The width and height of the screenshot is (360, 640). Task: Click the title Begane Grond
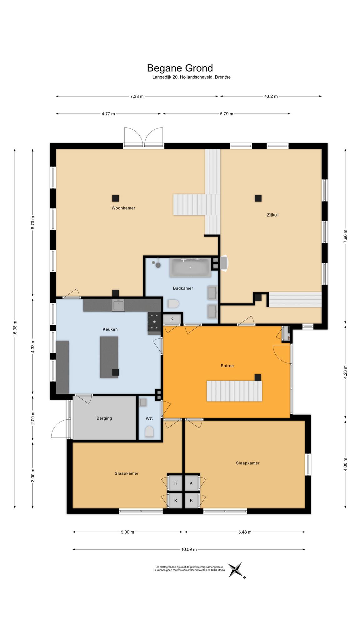pos(180,68)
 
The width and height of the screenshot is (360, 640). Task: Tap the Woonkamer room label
pos(123,208)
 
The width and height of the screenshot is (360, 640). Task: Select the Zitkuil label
pos(272,215)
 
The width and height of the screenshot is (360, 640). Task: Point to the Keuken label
pos(110,329)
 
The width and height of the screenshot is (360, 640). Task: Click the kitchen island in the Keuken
pos(109,357)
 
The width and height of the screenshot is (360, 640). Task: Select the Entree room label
pos(227,366)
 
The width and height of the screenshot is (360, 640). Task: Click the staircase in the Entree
pos(234,391)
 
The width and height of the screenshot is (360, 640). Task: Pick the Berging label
pos(104,418)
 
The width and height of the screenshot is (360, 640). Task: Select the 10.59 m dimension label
pos(189,549)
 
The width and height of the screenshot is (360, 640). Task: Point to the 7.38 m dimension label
pos(137,96)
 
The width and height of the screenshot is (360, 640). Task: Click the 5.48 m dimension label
pos(245,532)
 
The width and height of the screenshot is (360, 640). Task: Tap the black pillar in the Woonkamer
pos(116,198)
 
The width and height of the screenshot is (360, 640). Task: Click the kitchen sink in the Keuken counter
pos(119,305)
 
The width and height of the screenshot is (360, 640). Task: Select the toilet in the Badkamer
pos(173,303)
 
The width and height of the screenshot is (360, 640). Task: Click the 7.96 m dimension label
pos(345,236)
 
